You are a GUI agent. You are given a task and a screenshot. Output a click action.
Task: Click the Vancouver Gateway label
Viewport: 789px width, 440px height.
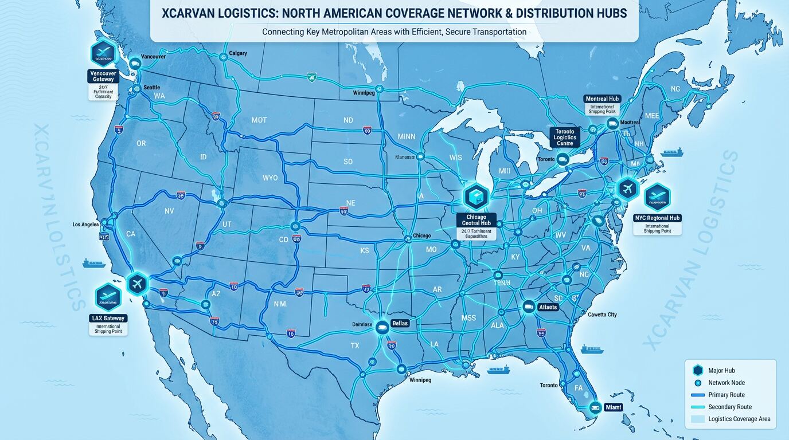point(103,76)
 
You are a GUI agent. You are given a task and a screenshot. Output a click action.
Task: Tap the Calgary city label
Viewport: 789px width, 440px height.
point(237,53)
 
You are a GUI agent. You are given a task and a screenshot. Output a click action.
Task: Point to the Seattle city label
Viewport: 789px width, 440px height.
point(151,87)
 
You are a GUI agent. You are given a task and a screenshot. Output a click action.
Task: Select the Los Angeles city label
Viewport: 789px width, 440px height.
point(86,225)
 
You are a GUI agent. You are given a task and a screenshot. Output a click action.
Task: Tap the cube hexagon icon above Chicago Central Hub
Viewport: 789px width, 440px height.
point(475,197)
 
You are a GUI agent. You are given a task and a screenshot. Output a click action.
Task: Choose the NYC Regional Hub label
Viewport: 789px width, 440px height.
point(657,218)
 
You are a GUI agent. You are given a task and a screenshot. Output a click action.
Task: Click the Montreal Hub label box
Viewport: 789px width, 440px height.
point(602,99)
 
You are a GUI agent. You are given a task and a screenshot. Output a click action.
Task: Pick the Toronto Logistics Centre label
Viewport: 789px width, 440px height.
point(565,137)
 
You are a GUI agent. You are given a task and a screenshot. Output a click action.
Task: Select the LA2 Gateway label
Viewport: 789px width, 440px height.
point(108,318)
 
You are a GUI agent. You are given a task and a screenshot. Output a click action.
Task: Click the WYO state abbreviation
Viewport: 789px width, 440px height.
point(270,178)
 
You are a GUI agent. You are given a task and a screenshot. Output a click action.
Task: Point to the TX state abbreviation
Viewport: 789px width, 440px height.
point(354,346)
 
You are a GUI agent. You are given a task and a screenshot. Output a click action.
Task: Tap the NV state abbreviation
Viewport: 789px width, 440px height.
point(169,211)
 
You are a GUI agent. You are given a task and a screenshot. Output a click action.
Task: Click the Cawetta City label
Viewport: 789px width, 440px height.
point(602,315)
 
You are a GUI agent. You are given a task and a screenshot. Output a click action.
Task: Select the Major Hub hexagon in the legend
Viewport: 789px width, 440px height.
point(697,371)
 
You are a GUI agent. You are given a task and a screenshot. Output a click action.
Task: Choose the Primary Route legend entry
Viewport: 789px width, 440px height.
point(726,395)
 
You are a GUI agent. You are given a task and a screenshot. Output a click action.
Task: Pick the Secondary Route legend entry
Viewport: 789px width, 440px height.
point(729,407)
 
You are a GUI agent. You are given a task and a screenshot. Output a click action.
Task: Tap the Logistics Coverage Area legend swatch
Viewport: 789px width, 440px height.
point(697,419)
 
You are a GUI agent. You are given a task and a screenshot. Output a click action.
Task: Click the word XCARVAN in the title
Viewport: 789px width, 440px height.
point(189,13)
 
